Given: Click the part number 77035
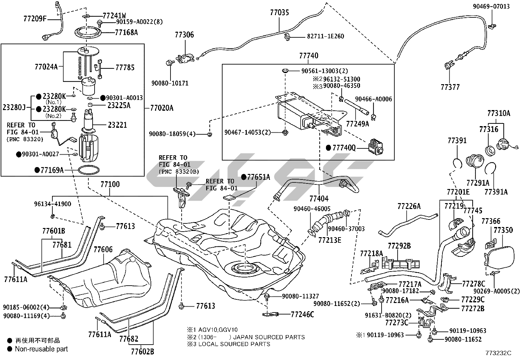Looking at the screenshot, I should [x=279, y=13].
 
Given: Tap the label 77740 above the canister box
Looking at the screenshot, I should [x=308, y=56].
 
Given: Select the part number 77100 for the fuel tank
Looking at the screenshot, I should [x=110, y=184].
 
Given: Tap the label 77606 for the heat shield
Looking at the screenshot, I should [x=103, y=250].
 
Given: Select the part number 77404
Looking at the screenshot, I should [x=319, y=198].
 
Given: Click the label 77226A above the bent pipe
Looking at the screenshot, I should [x=409, y=206].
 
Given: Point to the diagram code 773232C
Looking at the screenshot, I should [x=498, y=353].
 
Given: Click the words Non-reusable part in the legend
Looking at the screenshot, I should [x=41, y=349].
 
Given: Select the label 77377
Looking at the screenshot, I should [x=450, y=87].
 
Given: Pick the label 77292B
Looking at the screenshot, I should [x=399, y=245].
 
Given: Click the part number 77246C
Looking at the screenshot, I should [x=302, y=315].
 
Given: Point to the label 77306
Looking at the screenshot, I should [x=184, y=35].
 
